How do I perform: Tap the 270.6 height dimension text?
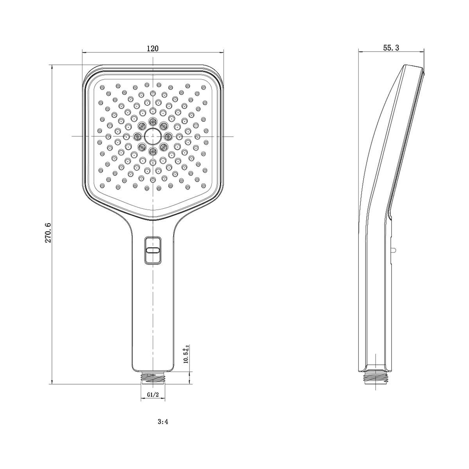tap(48, 232)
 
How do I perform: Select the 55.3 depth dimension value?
tap(391, 48)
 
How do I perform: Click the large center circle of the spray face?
tap(152, 136)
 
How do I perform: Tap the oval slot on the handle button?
tap(152, 251)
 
